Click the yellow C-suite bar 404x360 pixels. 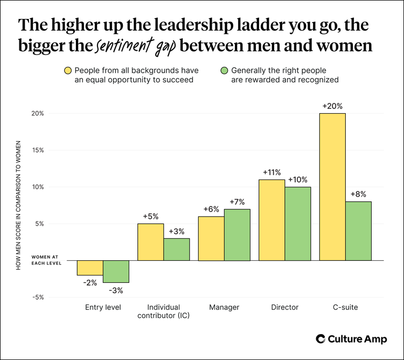(332, 186)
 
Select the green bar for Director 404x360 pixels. (298, 224)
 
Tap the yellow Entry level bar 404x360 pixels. (89, 268)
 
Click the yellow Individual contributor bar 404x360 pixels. (150, 242)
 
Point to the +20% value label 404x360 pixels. (332, 107)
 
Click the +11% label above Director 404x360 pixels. (273, 172)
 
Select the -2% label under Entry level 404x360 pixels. (89, 282)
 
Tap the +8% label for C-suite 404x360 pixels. (358, 195)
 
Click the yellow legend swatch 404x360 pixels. (68, 71)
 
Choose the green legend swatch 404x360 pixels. (224, 71)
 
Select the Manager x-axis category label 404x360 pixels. (224, 307)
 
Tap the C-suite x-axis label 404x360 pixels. (345, 307)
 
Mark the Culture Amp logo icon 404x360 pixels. (320, 339)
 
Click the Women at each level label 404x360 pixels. (46, 260)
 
